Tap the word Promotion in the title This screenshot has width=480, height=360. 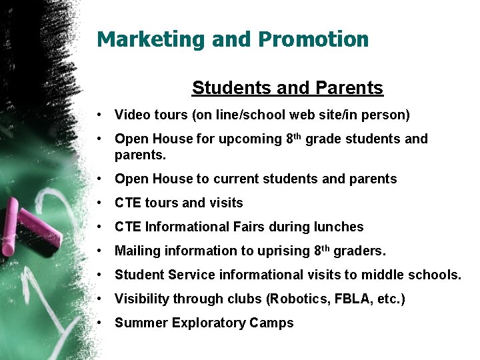coord(313,40)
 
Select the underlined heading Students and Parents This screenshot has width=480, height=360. coord(287,88)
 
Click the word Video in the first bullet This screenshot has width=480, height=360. coord(131,115)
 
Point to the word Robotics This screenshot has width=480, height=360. coord(295,299)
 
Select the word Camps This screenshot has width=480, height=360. coord(271,323)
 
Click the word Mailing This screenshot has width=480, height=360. coord(137,251)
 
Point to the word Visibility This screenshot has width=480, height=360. coord(141,299)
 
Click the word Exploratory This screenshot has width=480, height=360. coord(207,323)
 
